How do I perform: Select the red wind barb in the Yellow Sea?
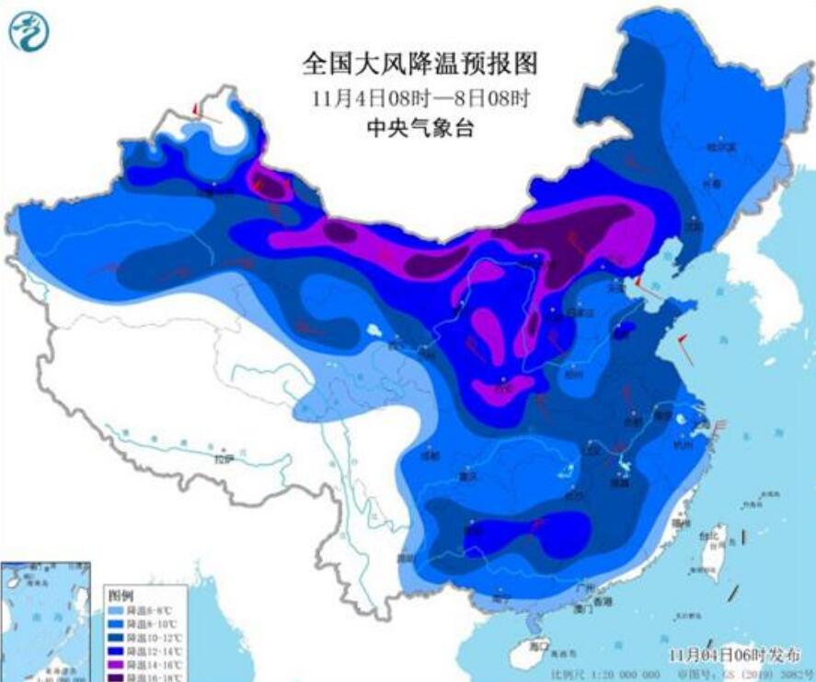(683, 348)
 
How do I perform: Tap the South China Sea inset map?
(46, 621)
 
